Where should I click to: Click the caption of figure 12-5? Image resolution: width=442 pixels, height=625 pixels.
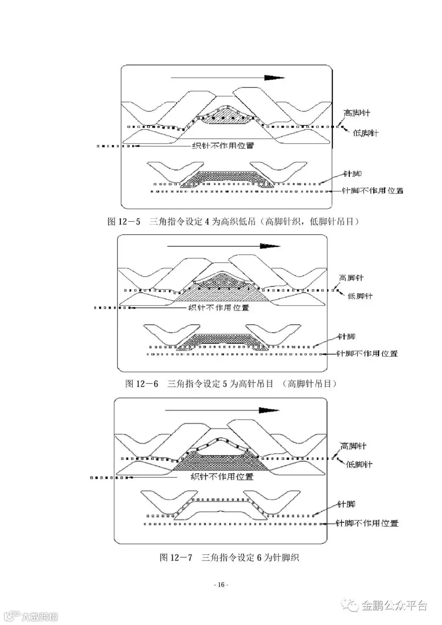coord(233,222)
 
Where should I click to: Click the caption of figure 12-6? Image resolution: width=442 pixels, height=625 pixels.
coord(231,384)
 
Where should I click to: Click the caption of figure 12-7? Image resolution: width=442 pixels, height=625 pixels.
coord(229,557)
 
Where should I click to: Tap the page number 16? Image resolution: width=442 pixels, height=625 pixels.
coord(221,585)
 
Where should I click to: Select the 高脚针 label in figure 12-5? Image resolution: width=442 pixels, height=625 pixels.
coord(357,113)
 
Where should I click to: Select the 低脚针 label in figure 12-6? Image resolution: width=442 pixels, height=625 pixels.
coord(360,296)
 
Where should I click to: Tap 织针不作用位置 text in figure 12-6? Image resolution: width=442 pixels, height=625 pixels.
coord(219,308)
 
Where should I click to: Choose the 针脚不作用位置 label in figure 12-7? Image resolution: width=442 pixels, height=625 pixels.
coord(367,524)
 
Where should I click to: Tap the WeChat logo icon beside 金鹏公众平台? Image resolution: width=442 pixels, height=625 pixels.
coord(351,605)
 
